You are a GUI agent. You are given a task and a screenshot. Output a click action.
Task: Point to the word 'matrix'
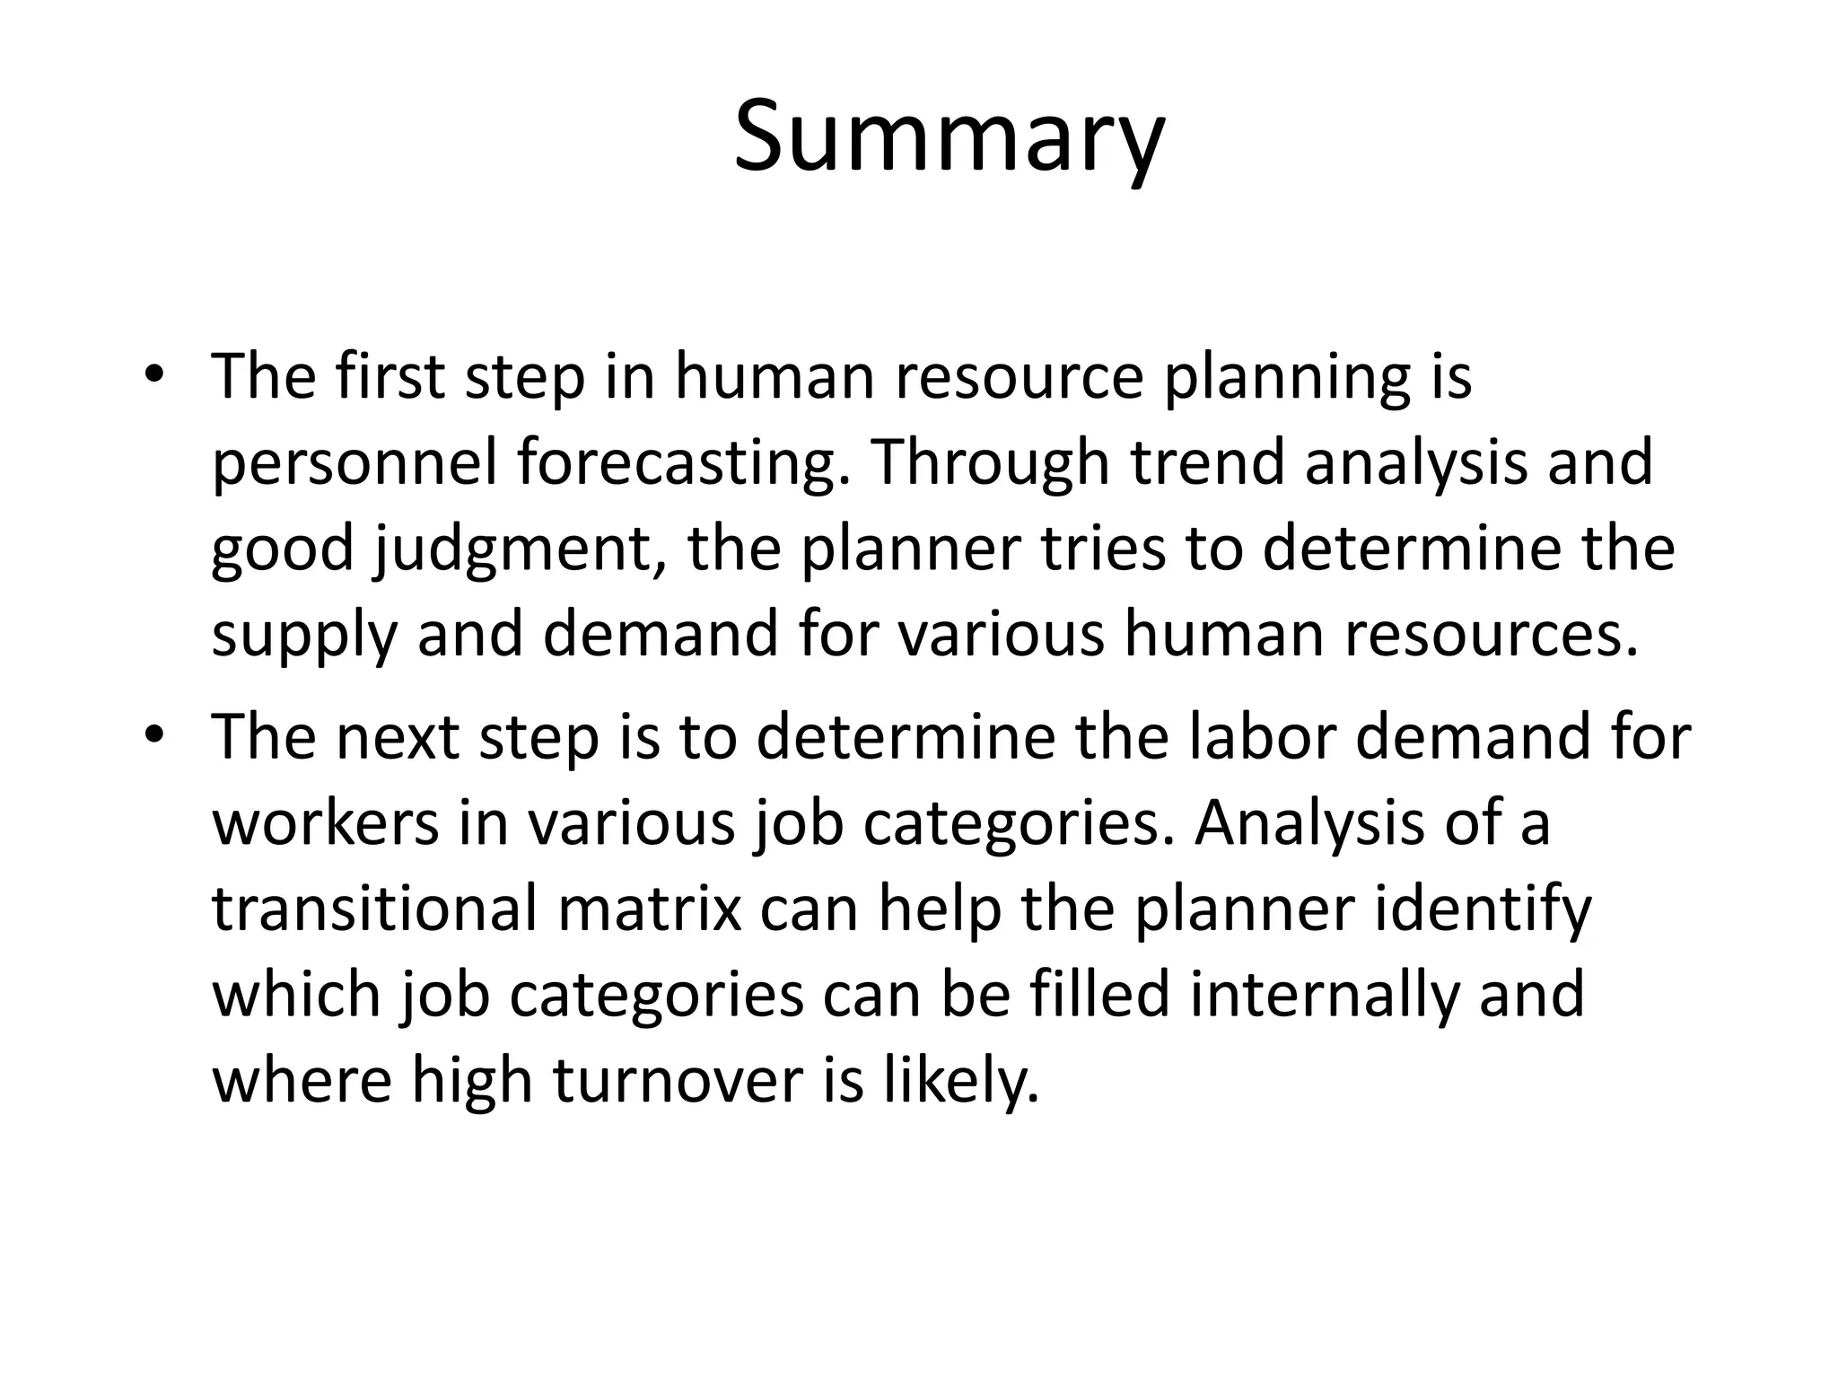[650, 909]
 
